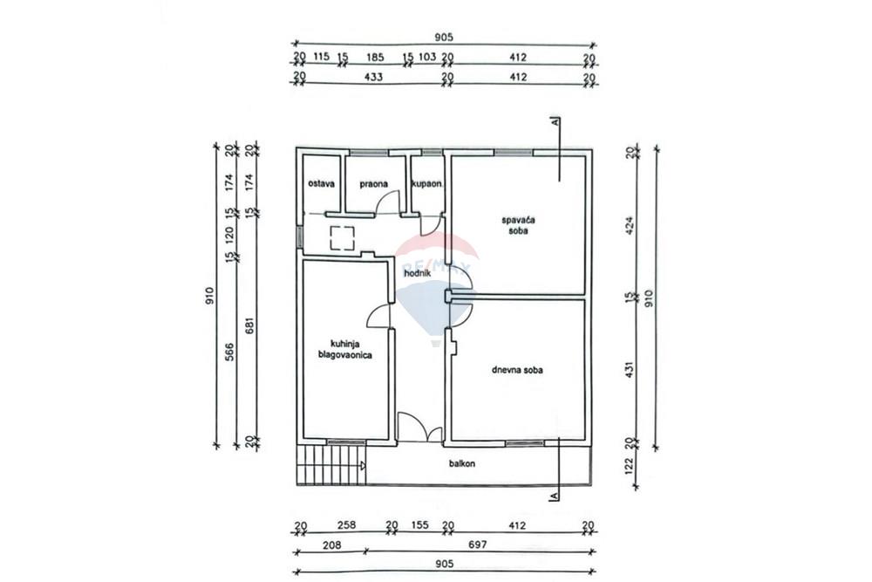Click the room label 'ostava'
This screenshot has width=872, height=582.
[x=322, y=183]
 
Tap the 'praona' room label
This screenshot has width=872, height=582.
[x=374, y=183]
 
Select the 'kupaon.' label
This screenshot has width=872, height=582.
[x=427, y=183]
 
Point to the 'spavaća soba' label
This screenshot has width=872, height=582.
[x=518, y=225]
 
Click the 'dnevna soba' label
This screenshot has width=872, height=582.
[x=517, y=370]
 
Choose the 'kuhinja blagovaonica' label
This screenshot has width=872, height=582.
[x=344, y=349]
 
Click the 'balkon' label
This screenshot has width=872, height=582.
[x=462, y=463]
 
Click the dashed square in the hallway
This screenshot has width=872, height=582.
[x=343, y=238]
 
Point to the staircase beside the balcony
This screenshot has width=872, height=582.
[x=331, y=465]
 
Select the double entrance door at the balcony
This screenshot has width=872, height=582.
[x=420, y=428]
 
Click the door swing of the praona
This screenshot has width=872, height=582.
[x=388, y=202]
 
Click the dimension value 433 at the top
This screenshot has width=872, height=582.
[x=372, y=77]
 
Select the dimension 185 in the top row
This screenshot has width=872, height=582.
[x=375, y=57]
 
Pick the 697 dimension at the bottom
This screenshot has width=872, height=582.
[x=478, y=544]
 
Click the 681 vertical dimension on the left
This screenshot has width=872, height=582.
[x=249, y=325]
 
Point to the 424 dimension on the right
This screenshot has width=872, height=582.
[x=630, y=225]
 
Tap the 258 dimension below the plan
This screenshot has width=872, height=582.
[x=346, y=524]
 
